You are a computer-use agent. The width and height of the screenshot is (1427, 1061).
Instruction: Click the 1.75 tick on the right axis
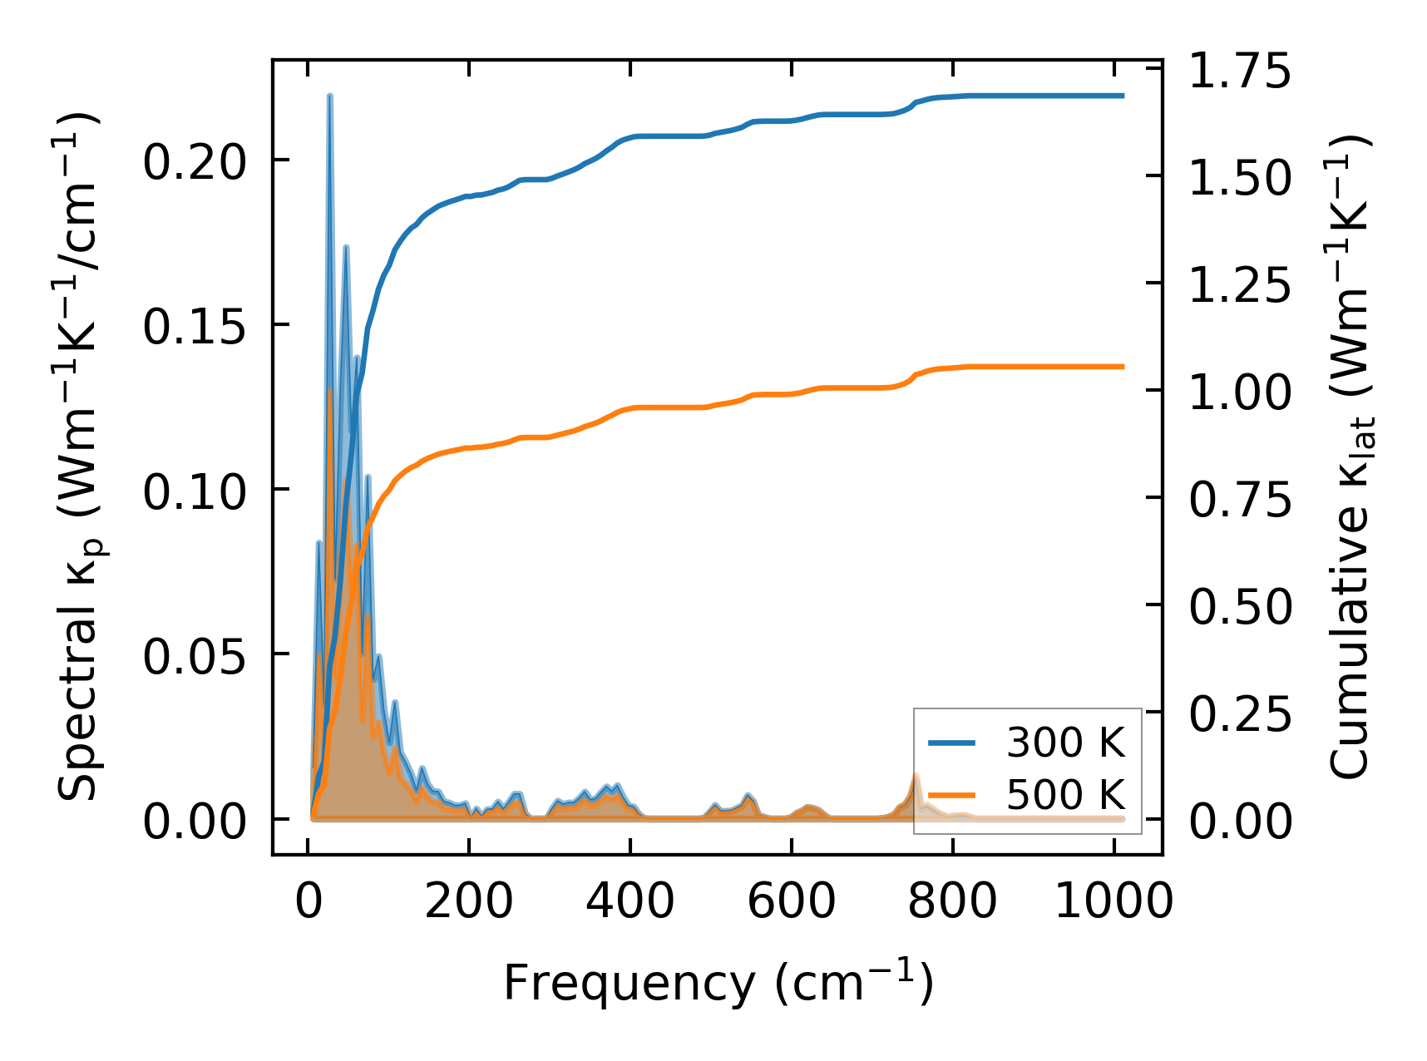(1239, 70)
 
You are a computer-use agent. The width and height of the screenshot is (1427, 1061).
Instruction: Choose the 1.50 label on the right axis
(1239, 177)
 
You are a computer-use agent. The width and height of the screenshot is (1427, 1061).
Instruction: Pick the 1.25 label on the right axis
(1239, 284)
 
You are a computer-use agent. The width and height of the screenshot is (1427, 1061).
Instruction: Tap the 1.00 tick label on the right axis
(1239, 392)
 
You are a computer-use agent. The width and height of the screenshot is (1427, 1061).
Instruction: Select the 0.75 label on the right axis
(1239, 499)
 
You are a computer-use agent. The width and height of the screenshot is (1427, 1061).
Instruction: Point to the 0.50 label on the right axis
(1239, 606)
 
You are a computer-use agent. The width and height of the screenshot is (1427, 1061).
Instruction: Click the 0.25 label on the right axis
(1239, 713)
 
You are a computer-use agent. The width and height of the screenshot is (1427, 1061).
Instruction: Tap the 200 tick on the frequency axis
(469, 901)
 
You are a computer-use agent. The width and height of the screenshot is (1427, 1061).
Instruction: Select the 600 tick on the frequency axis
(792, 901)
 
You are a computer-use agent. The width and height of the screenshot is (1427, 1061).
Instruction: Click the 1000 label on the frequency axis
(1113, 901)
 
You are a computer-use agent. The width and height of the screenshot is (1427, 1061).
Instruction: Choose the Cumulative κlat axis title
(1349, 457)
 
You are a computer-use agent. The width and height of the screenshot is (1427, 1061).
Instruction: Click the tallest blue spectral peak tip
(330, 96)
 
